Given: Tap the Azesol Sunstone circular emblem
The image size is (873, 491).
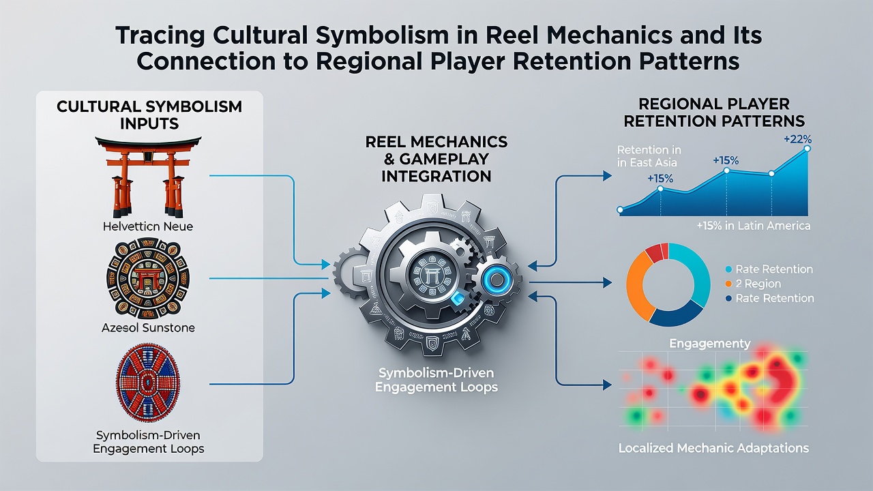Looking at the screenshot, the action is [x=148, y=278].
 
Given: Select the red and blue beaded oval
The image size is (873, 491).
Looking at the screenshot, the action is [x=148, y=383].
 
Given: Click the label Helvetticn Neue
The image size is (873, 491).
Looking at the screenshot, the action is [x=148, y=226].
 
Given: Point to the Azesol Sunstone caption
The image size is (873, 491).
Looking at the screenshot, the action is [x=148, y=328].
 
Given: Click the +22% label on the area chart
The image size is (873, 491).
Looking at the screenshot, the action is [x=798, y=139].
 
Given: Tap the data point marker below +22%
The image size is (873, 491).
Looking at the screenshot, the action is [x=807, y=149].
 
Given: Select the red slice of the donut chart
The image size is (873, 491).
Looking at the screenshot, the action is [x=657, y=252].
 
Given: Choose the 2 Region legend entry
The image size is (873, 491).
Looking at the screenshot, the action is [x=754, y=284].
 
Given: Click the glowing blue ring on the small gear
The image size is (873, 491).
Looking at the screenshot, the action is [x=497, y=279].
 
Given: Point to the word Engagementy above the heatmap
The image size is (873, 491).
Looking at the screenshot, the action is [x=710, y=343].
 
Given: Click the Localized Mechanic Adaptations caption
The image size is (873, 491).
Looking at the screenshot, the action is [x=713, y=448].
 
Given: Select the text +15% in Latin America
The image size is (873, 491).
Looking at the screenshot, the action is [x=754, y=226].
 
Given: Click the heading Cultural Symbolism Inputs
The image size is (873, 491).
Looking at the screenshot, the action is [x=149, y=115].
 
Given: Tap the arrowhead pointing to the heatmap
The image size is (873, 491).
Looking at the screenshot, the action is [x=607, y=385].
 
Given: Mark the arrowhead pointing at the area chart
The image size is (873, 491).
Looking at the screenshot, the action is [x=607, y=176].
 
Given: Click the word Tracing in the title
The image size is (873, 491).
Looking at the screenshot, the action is [x=160, y=36].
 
